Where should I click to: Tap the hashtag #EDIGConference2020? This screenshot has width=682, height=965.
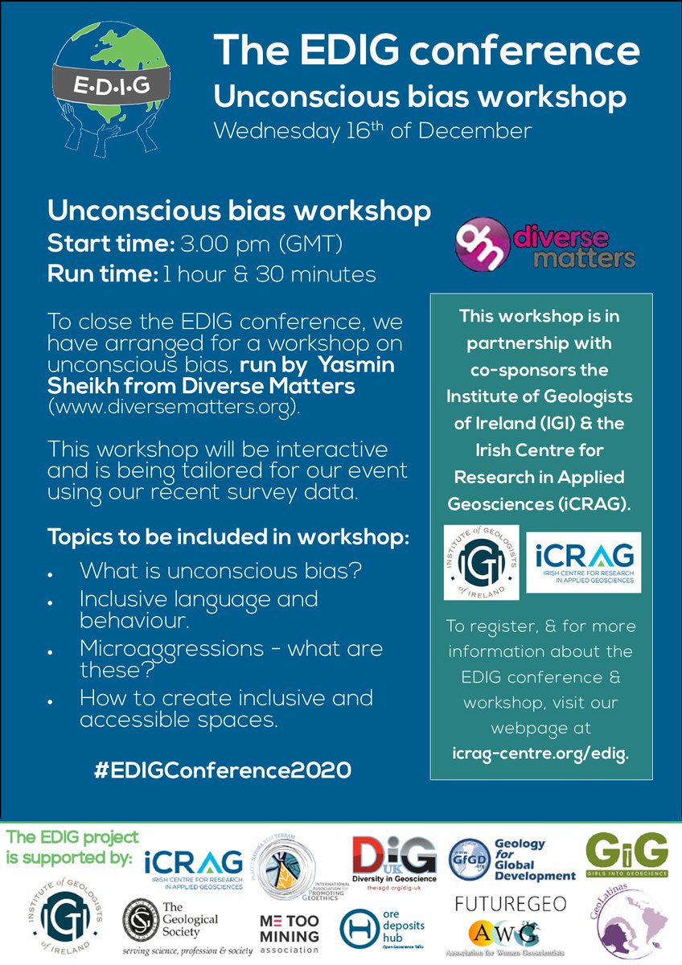tap(223, 770)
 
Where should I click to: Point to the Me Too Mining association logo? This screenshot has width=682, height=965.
tap(290, 927)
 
